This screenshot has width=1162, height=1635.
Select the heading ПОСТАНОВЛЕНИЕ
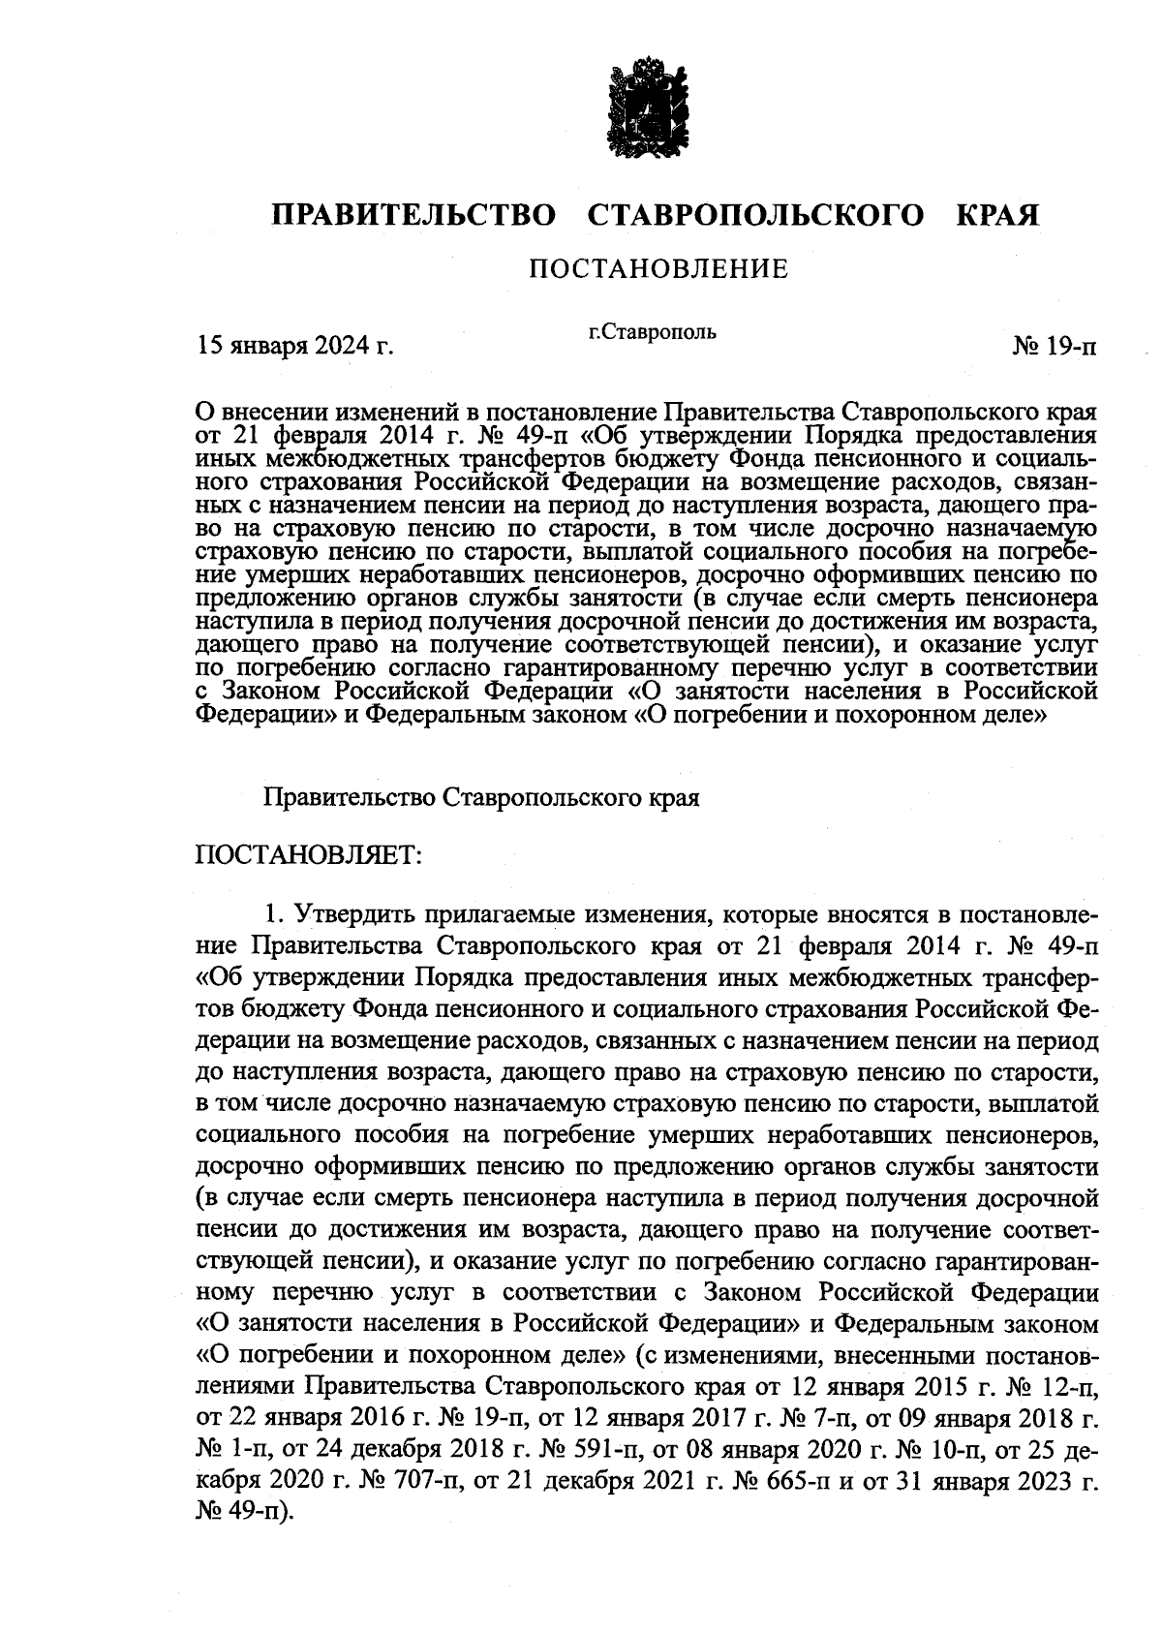(657, 268)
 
